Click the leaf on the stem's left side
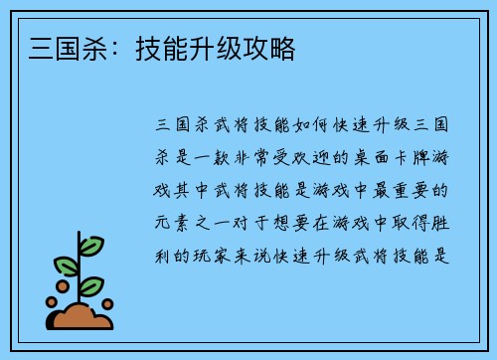pos(67,266)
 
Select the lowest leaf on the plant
pos(91,285)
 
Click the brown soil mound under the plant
pos(82,317)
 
